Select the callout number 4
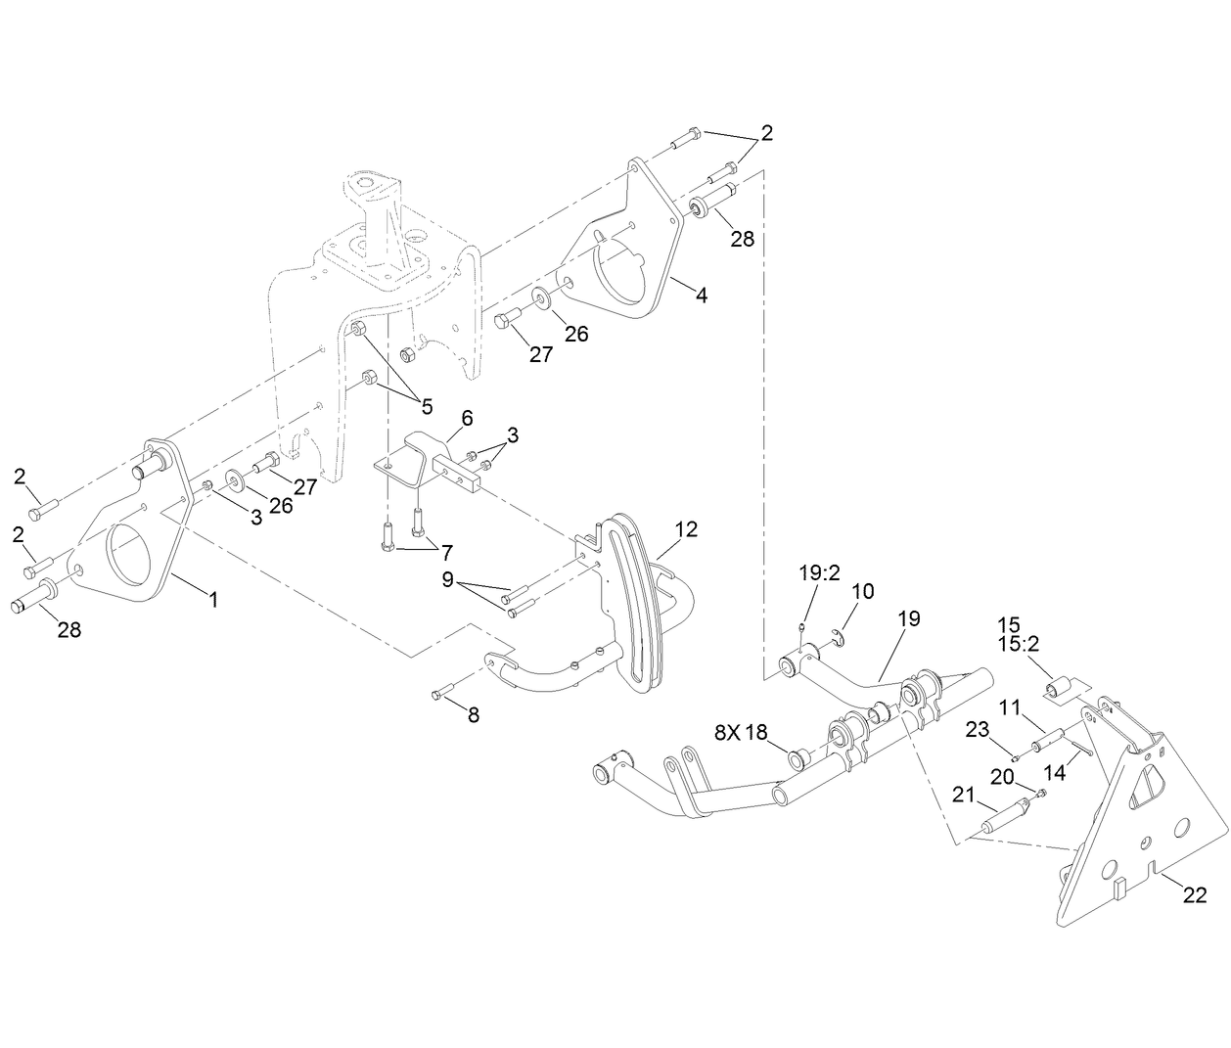[x=702, y=294]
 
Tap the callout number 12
[x=686, y=529]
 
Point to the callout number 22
[x=1195, y=894]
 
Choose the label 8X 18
[x=742, y=732]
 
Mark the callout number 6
[x=467, y=418]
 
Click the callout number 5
[x=427, y=406]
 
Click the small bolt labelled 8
[x=440, y=693]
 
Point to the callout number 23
[x=979, y=728]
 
